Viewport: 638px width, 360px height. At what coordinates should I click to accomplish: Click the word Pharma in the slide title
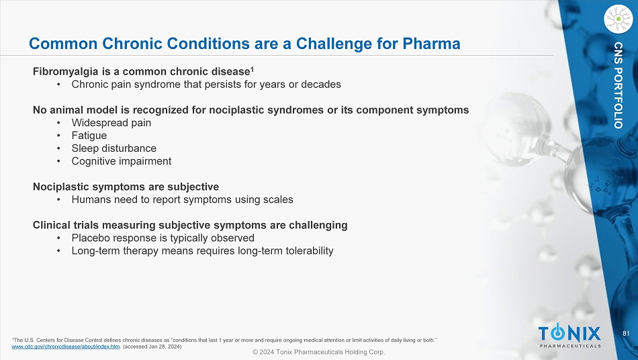pyautogui.click(x=431, y=44)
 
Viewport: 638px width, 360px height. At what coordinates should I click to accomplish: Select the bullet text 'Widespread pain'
pyautogui.click(x=111, y=123)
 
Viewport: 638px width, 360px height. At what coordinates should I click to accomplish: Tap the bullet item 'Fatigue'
pyautogui.click(x=89, y=136)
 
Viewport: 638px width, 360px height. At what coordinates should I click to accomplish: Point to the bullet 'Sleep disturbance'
pyautogui.click(x=114, y=148)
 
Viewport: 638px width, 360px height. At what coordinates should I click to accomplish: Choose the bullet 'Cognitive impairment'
pyautogui.click(x=122, y=161)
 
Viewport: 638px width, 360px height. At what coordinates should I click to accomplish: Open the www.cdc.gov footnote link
pyautogui.click(x=66, y=347)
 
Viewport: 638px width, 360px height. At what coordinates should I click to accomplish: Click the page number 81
pyautogui.click(x=626, y=334)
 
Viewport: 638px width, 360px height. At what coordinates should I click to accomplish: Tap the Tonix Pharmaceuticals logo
pyautogui.click(x=569, y=336)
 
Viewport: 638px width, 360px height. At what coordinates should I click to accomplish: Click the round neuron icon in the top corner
pyautogui.click(x=619, y=19)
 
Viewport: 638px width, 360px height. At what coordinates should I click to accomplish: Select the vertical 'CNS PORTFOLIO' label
pyautogui.click(x=619, y=85)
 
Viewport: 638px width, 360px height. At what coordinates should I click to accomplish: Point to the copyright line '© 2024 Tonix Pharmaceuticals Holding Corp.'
pyautogui.click(x=318, y=352)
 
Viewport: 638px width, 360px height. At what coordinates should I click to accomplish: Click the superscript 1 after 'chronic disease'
pyautogui.click(x=253, y=69)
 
